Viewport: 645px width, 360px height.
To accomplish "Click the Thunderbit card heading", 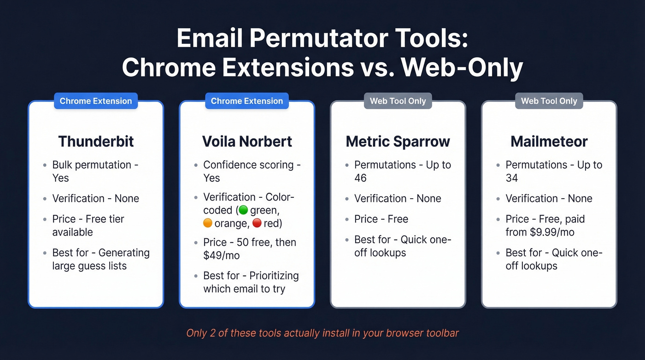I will point(96,142).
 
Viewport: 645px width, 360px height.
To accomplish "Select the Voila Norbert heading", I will point(247,142).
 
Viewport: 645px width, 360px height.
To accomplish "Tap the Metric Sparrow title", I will point(398,142).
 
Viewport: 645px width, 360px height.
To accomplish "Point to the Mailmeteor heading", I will point(549,142).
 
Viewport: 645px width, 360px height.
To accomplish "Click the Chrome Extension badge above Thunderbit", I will point(96,101).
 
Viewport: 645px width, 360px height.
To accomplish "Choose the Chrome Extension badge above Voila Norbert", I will point(247,101).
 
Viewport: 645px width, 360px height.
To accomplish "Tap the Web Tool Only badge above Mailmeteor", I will point(549,101).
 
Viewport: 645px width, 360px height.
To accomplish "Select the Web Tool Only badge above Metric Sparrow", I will point(398,101).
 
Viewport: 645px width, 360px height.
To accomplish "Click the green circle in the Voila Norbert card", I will point(243,210).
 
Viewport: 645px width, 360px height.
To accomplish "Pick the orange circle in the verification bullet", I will point(208,224).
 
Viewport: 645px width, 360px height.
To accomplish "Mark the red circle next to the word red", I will point(257,224).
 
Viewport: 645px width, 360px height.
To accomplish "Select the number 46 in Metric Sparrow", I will point(360,178).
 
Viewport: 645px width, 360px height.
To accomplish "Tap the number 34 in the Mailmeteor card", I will point(511,178).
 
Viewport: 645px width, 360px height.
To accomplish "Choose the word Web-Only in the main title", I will point(462,68).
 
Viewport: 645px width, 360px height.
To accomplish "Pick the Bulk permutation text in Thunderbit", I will point(92,165).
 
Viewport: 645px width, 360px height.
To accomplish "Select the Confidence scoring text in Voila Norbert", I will point(248,165).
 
